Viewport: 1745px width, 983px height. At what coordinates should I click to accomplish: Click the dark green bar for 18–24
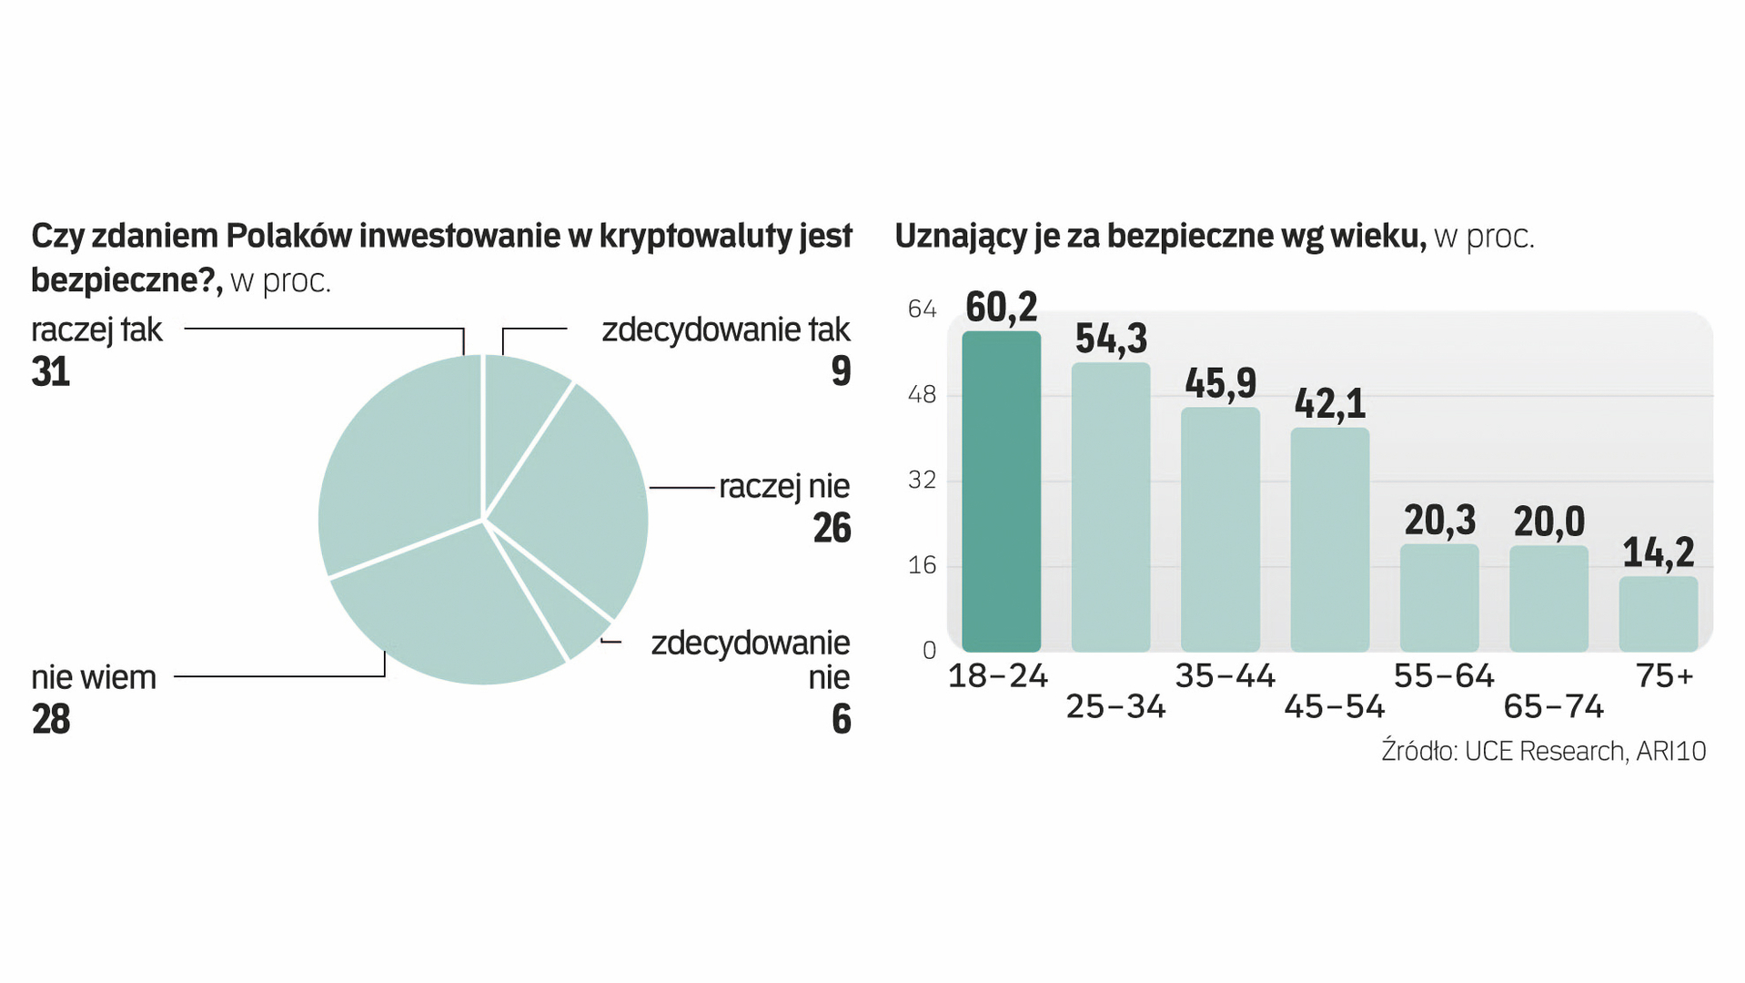[x=1001, y=491]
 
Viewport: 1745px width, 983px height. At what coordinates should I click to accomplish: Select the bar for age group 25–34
[x=1110, y=507]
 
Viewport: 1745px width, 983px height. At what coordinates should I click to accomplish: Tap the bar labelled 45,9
[x=1220, y=529]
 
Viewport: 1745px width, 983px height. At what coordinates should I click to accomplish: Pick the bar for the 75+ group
[x=1658, y=613]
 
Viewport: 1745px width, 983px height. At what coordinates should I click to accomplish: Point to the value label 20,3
[x=1439, y=521]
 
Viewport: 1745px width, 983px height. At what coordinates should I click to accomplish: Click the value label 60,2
[x=1001, y=308]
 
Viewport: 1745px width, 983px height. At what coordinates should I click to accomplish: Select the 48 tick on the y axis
[x=922, y=395]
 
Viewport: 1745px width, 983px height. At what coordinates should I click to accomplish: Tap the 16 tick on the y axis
[x=922, y=565]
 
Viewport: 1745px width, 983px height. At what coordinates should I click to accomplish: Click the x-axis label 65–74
[x=1553, y=707]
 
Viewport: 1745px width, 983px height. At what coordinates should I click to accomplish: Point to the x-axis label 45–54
[x=1334, y=707]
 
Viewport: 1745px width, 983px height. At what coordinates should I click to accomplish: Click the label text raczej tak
[x=96, y=329]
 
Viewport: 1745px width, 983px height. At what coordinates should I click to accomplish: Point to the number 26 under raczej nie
[x=832, y=529]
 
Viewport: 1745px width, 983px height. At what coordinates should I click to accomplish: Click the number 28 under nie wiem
[x=51, y=720]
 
